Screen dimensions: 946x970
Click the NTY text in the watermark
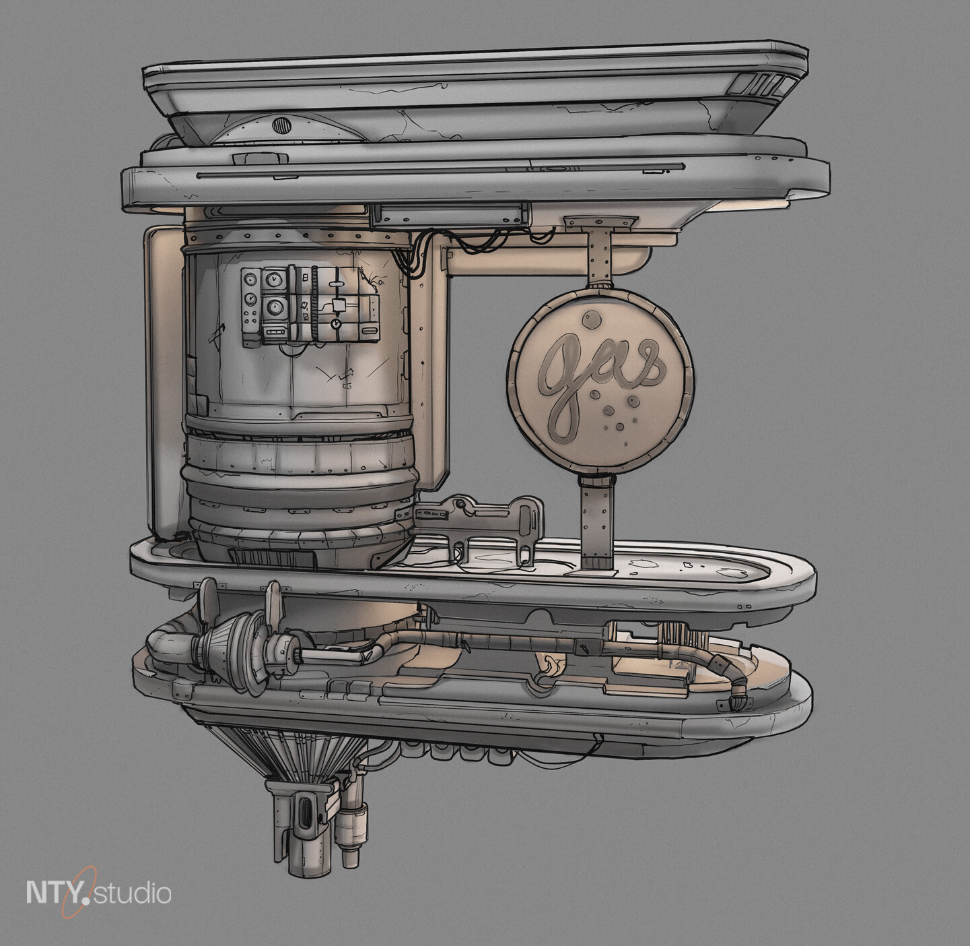pos(57,892)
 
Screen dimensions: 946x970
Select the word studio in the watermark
pos(133,894)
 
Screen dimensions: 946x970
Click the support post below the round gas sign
pos(596,519)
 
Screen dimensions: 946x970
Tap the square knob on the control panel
pos(339,305)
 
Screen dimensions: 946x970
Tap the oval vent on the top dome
pos(282,125)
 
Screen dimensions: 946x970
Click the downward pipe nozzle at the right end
pos(739,701)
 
